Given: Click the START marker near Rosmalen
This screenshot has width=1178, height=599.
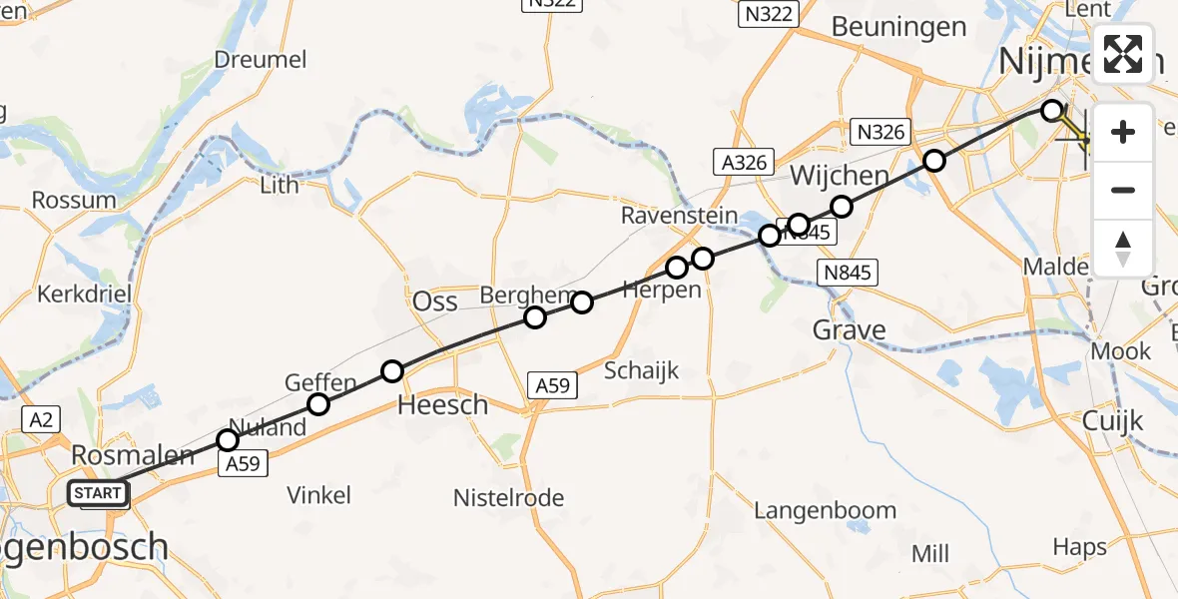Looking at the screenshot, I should (98, 493).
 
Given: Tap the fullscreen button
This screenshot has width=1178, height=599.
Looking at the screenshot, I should (1123, 54).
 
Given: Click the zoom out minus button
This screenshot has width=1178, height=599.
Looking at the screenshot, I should (1123, 190).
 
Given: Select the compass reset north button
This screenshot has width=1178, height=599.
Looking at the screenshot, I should (1123, 249).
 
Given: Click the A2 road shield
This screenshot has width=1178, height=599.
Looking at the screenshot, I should (40, 421).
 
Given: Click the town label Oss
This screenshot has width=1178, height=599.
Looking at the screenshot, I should (435, 301).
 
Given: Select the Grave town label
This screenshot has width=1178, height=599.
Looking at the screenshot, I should (849, 330).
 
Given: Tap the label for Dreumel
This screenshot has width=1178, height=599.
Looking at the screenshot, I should (261, 60).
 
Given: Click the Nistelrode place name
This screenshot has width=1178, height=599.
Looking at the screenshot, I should (508, 497).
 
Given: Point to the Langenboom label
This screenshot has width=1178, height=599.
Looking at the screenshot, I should (825, 511).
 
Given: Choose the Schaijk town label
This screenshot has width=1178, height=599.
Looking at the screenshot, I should (641, 371).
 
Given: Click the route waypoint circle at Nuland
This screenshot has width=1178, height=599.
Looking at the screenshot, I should (228, 440).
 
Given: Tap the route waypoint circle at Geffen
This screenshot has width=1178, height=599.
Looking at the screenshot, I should (318, 404).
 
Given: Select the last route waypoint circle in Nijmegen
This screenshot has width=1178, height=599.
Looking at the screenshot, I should (1051, 111).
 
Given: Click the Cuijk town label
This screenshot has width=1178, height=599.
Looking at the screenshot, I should (1113, 421).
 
